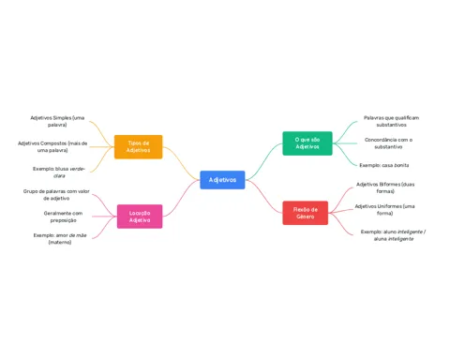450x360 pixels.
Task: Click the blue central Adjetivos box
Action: coord(222,180)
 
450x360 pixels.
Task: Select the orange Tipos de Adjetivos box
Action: coord(139,146)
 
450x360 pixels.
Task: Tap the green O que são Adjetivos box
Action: coord(307,143)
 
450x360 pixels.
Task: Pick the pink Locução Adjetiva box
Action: coord(140,217)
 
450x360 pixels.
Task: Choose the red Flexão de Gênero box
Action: coord(306,213)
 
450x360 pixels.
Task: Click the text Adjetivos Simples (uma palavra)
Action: coord(57,121)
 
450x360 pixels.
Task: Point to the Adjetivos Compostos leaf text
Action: coord(52,147)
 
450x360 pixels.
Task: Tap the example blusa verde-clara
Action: coord(59,172)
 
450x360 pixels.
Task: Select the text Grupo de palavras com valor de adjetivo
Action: coord(56,195)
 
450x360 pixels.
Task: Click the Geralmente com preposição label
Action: coord(63,217)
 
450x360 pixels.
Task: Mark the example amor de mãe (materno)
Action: coord(60,238)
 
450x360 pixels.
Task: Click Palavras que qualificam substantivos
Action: coord(391,121)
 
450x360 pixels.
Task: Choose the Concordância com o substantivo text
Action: coord(388,143)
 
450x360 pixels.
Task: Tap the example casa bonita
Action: coord(384,165)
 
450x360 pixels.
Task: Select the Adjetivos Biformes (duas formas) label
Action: coord(385,187)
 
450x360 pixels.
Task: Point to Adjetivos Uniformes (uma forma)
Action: coord(384,209)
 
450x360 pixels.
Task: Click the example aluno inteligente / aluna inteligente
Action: coord(394,235)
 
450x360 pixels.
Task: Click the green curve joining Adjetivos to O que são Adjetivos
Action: coord(264,161)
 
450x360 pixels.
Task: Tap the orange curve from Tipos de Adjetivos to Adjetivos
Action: coord(182,162)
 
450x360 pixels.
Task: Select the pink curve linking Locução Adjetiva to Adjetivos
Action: coord(182,198)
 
